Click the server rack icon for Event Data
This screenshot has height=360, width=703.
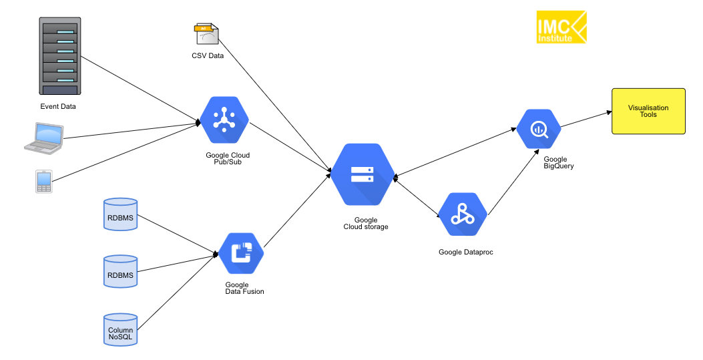click(59, 57)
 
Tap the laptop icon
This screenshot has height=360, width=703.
click(43, 136)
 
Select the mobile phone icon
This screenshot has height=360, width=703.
click(44, 181)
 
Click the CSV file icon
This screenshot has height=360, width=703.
click(206, 35)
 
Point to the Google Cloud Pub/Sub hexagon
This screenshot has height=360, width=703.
click(224, 121)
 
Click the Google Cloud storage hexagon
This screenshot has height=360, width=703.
click(363, 175)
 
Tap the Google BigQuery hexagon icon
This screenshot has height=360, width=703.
click(538, 129)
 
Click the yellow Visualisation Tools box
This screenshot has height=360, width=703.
click(648, 111)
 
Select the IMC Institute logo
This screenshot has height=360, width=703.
click(561, 27)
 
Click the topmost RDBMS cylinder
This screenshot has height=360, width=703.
click(121, 215)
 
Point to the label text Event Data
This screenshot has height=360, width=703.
click(58, 106)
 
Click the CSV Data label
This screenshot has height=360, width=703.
click(208, 55)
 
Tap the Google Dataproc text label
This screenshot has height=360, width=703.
click(466, 252)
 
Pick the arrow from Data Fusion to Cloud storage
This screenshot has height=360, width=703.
click(297, 206)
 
